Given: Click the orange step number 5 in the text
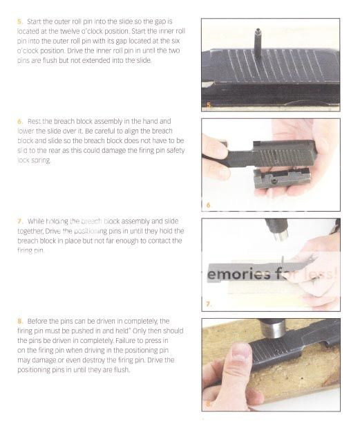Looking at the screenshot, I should click(x=19, y=22).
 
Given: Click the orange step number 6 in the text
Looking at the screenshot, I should click(x=19, y=121).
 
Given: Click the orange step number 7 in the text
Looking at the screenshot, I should click(x=19, y=221).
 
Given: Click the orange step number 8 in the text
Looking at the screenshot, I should click(x=19, y=321).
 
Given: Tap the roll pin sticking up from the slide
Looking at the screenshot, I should click(x=257, y=37).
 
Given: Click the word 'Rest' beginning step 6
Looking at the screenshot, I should click(x=35, y=121).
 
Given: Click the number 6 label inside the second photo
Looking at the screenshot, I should click(x=207, y=205).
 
